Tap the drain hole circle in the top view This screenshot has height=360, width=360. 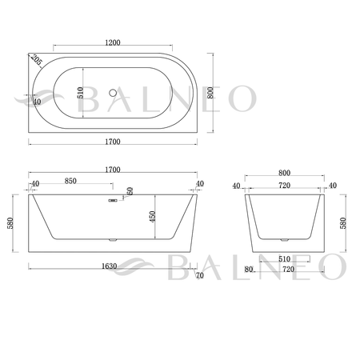112,92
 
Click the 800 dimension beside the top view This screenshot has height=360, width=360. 210,92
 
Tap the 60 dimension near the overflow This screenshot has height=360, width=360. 129,193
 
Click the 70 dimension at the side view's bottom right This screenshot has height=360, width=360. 198,275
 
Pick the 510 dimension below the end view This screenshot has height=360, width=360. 284,258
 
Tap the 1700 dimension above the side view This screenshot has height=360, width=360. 112,170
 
